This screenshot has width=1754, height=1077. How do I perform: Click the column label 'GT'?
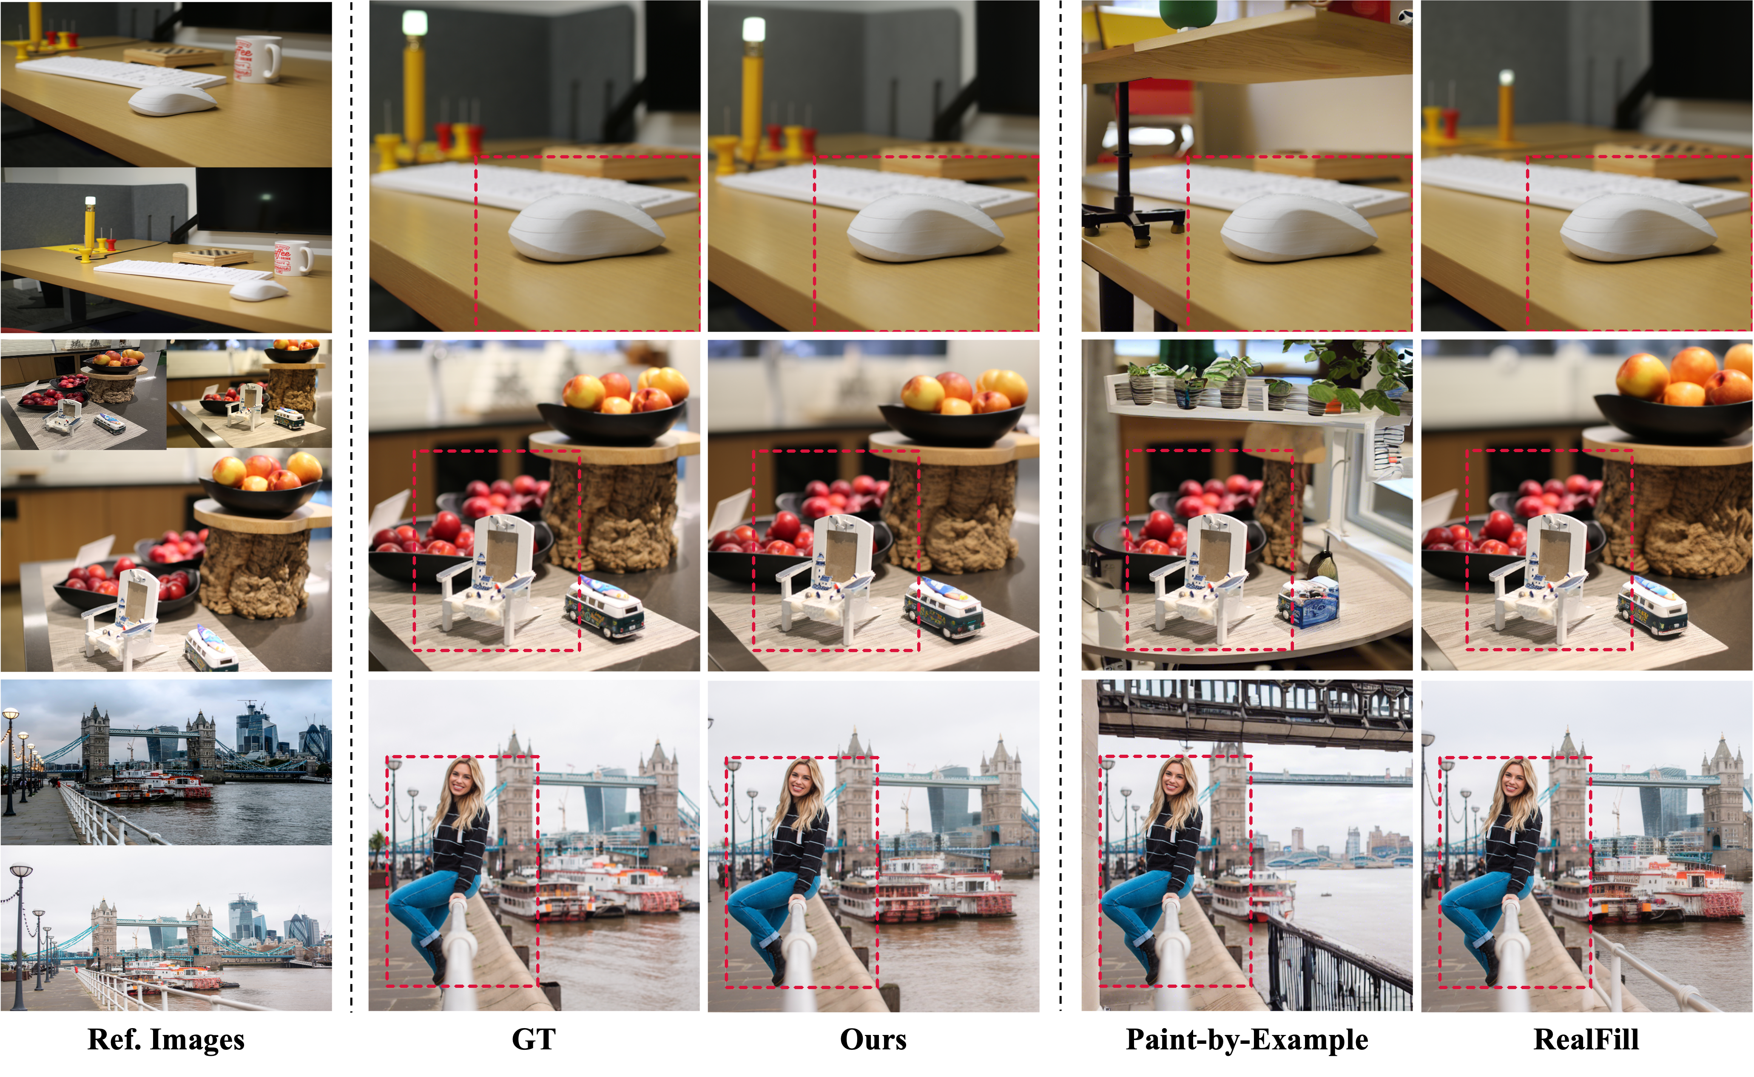(534, 1039)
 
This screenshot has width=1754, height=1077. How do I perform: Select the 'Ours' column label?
(873, 1039)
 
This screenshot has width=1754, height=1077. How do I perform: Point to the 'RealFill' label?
(1586, 1039)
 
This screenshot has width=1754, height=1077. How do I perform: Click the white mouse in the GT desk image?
(587, 227)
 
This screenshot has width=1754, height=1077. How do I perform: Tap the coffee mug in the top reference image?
(256, 59)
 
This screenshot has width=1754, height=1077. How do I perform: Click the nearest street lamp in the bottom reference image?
(20, 937)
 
